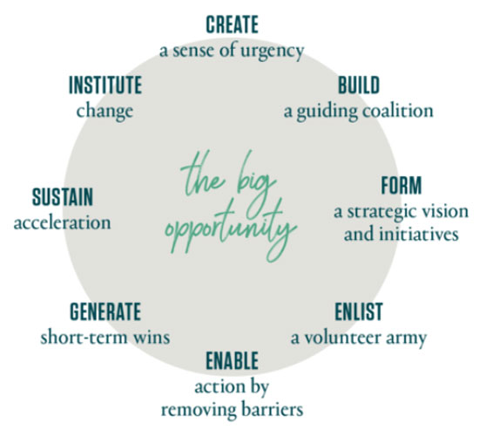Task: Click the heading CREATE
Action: coord(233,24)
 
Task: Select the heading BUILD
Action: coord(359,85)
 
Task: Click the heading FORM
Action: coord(401,185)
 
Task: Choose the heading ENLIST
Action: coord(359,311)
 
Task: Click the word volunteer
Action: coord(342,338)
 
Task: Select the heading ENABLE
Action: coord(233,360)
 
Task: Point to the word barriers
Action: coord(272,409)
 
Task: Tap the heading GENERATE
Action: coord(105,311)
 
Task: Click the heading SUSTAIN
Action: coord(63,197)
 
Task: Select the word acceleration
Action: coord(63,222)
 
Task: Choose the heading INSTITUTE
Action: coord(105,85)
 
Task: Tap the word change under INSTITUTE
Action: coord(105,112)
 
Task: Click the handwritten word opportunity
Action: coord(231,228)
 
